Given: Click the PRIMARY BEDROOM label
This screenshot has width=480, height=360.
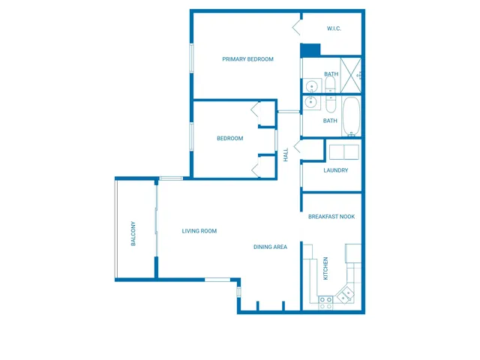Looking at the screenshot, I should coord(247,59).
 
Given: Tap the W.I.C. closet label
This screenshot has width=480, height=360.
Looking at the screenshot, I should coord(334,29).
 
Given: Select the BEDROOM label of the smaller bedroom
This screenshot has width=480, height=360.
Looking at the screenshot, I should coord(229,138).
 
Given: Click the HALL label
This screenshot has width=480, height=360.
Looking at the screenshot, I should coord(286,156).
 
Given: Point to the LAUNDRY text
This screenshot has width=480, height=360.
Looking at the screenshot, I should coord(335,170).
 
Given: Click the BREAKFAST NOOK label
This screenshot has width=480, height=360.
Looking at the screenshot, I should coord(331,217).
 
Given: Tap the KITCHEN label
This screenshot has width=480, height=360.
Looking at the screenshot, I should coord(325,268).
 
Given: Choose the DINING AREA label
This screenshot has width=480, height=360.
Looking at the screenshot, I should coord(270,247).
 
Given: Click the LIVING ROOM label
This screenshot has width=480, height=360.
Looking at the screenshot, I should coord(199,231).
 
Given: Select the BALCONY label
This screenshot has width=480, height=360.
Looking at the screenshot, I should coord(133,234).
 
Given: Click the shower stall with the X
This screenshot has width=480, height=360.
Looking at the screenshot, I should coord(351,73).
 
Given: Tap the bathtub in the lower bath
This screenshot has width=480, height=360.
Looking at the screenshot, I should coord(351,117).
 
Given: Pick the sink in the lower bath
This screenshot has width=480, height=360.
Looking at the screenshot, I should coord(310,102).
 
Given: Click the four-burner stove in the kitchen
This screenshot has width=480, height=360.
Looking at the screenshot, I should coord(325,302).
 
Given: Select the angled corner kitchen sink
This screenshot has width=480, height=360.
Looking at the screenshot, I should coord(345,295).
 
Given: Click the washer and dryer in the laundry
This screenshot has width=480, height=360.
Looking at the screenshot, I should coord(344,151).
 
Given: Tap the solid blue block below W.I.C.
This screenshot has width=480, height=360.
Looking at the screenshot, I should coord(310,50).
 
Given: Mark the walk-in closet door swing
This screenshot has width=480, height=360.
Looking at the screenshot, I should coord(296,28).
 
